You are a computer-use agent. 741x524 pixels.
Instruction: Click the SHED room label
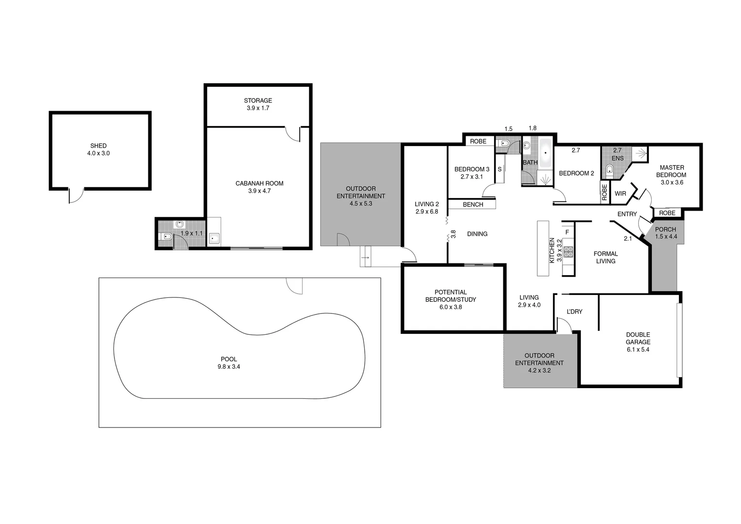(x=98, y=146)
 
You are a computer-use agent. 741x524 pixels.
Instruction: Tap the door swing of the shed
(x=76, y=195)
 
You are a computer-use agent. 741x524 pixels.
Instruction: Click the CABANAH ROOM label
(x=259, y=184)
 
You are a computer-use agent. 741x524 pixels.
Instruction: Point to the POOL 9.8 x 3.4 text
(x=228, y=363)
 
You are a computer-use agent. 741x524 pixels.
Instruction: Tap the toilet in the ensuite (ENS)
(x=609, y=170)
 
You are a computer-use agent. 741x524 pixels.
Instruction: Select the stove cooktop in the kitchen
(x=568, y=252)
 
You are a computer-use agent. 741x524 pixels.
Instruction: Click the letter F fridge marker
(x=566, y=232)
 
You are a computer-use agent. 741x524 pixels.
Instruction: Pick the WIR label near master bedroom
(x=620, y=194)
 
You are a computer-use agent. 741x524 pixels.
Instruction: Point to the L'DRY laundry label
(x=574, y=311)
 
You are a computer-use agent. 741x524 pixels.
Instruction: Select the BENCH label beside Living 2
(x=473, y=205)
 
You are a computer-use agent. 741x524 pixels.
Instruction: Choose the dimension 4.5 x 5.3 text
(x=360, y=204)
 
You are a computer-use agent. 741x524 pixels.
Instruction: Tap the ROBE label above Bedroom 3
(x=478, y=142)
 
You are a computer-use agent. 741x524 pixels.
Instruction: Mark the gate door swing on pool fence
(x=294, y=286)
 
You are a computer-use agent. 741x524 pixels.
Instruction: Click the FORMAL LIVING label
(x=605, y=257)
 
